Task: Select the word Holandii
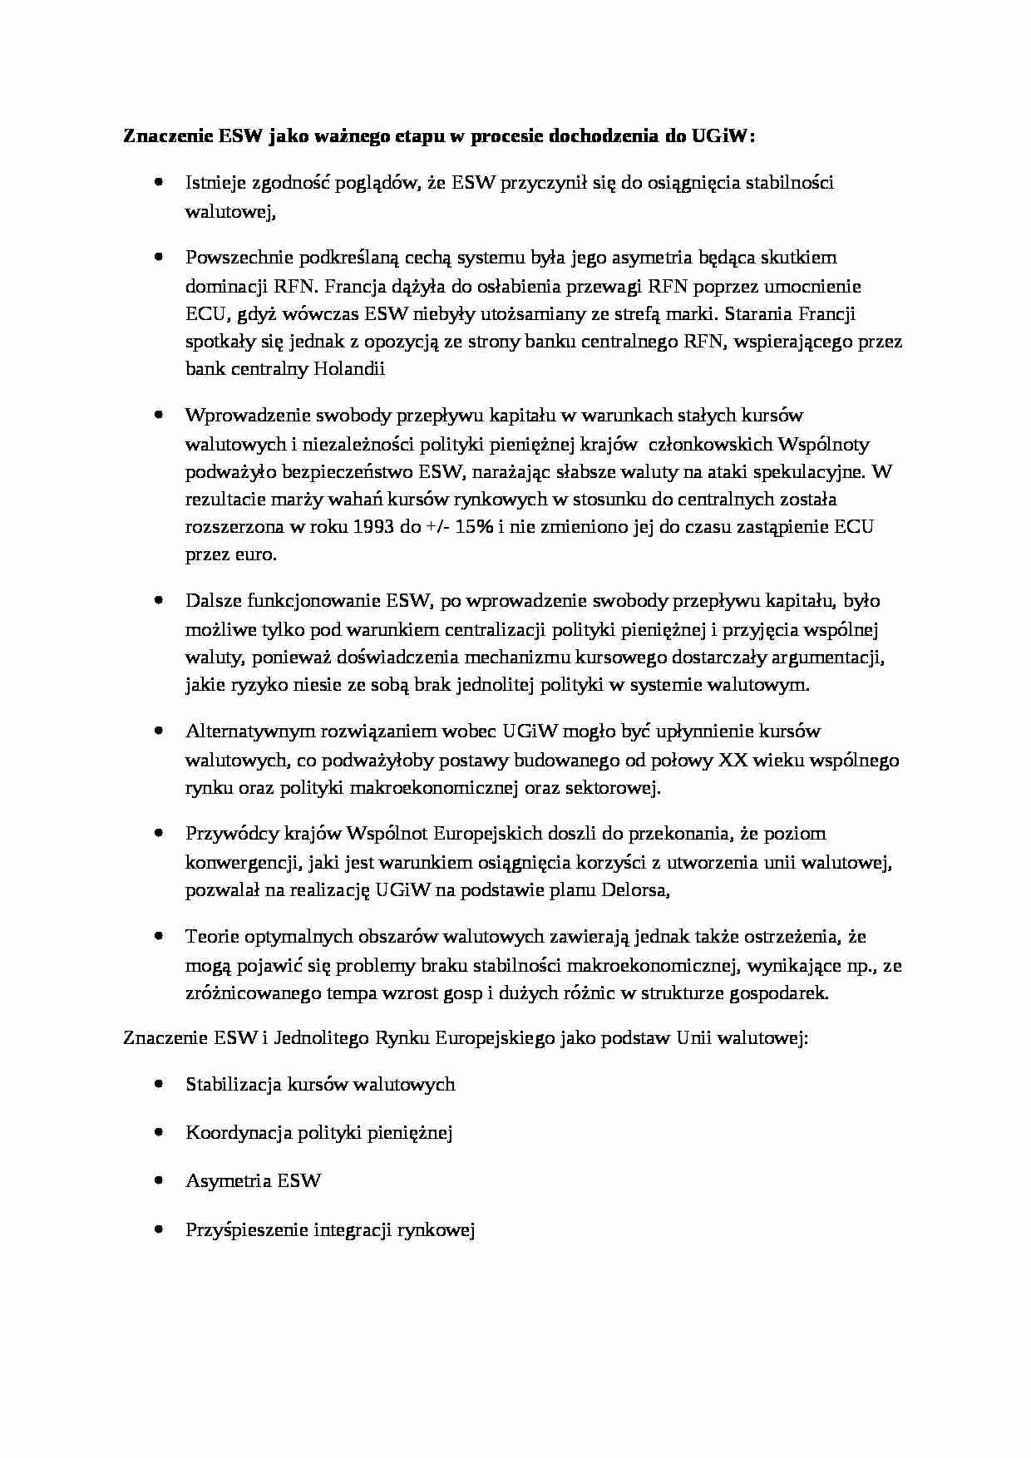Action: point(349,369)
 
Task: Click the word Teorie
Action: point(213,937)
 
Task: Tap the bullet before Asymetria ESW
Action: point(158,1180)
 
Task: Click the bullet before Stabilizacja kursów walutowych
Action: point(158,1084)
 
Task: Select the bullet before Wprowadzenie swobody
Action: point(158,415)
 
